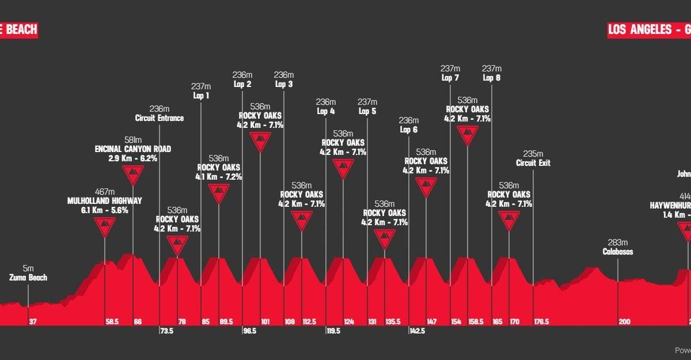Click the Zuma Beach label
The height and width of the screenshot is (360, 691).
pos(28,278)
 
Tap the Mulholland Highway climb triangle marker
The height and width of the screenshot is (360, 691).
pos(104,227)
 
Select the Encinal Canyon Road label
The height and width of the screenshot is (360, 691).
pos(133,149)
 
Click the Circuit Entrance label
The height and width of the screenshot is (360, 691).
pos(160,118)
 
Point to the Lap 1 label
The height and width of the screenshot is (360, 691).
pos(200,96)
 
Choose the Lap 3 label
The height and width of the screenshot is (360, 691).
pos(284,84)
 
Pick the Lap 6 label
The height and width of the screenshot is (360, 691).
pos(408,130)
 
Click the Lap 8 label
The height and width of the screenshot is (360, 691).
pos(492,78)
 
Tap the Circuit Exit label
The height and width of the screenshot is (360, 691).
pos(533,163)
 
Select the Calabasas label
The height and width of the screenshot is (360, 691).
pos(618,252)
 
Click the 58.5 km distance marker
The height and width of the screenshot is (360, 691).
pos(112,322)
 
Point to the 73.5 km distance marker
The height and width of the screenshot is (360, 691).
pos(166,331)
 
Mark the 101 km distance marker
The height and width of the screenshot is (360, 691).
pos(265,322)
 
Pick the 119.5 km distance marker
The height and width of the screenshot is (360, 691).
pos(334,331)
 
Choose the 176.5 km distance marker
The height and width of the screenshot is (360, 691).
pos(542,322)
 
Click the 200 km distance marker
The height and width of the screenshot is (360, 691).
pos(625,322)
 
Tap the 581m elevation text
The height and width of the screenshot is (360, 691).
pos(133,139)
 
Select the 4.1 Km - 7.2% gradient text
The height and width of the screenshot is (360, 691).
pos(219,177)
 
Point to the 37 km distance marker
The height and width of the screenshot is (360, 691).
pos(33,322)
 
